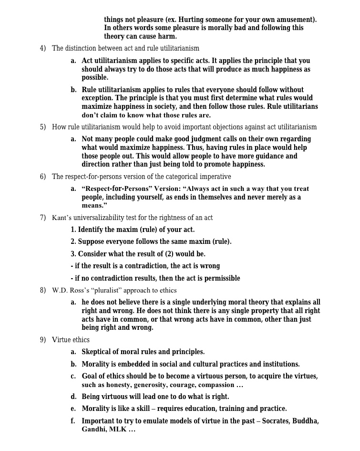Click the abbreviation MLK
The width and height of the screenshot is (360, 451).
point(118,430)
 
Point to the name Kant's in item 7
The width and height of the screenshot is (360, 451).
point(62,218)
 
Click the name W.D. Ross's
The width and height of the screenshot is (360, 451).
point(72,290)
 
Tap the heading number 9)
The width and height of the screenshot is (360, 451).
point(43,340)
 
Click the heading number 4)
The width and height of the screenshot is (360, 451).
point(43,48)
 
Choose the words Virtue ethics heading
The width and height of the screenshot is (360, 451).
point(71,340)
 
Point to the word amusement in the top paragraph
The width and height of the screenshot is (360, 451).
point(294,20)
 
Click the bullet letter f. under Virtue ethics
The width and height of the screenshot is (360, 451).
point(73,421)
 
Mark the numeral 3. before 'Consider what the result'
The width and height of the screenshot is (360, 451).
point(73,254)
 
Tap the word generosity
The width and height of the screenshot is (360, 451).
point(150,385)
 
